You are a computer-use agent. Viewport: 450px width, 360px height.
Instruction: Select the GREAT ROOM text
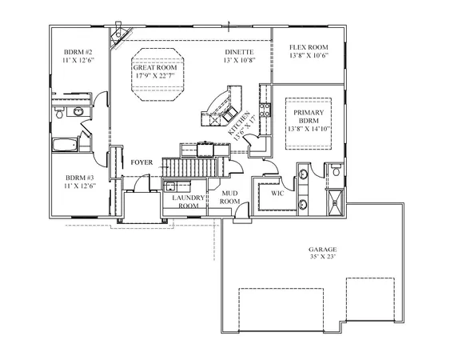click(154, 70)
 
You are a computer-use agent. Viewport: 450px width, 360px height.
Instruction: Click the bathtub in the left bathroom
click(63, 146)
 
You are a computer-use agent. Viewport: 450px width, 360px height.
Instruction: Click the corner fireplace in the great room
click(119, 32)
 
